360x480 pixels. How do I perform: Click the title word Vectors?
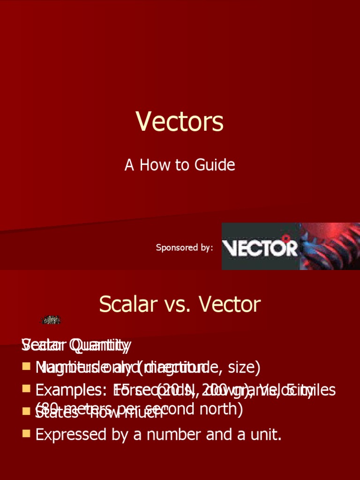[180, 121]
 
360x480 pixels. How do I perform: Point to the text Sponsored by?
[184, 247]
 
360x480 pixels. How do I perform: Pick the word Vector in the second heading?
[230, 305]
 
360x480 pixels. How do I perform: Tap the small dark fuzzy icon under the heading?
[51, 320]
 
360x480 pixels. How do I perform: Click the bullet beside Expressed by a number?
[26, 434]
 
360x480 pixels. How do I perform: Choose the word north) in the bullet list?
[220, 409]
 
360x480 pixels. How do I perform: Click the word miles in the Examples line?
[319, 390]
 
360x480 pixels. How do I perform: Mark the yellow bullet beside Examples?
[26, 389]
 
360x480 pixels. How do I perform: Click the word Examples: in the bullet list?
[71, 390]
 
